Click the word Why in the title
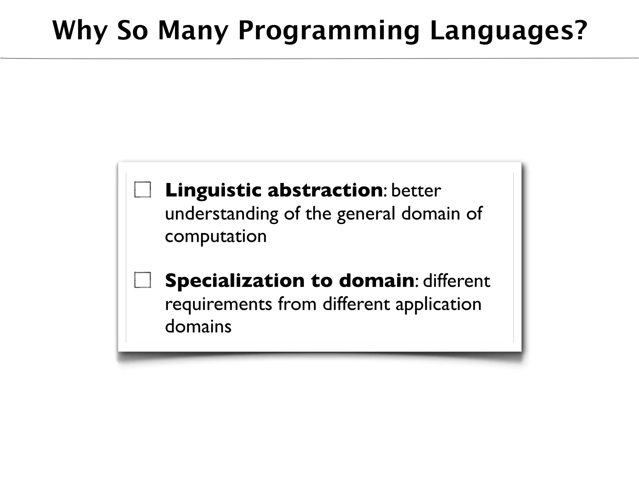point(80,31)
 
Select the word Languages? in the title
point(509,31)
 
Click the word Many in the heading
point(193,31)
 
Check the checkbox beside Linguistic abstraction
point(143,190)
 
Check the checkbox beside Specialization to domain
point(143,280)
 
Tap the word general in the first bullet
point(366,214)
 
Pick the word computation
point(216,236)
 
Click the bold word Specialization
point(235,280)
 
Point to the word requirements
point(218,304)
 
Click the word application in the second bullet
point(438,304)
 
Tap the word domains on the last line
point(198,327)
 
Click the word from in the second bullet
point(297,304)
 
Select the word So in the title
point(132,31)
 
